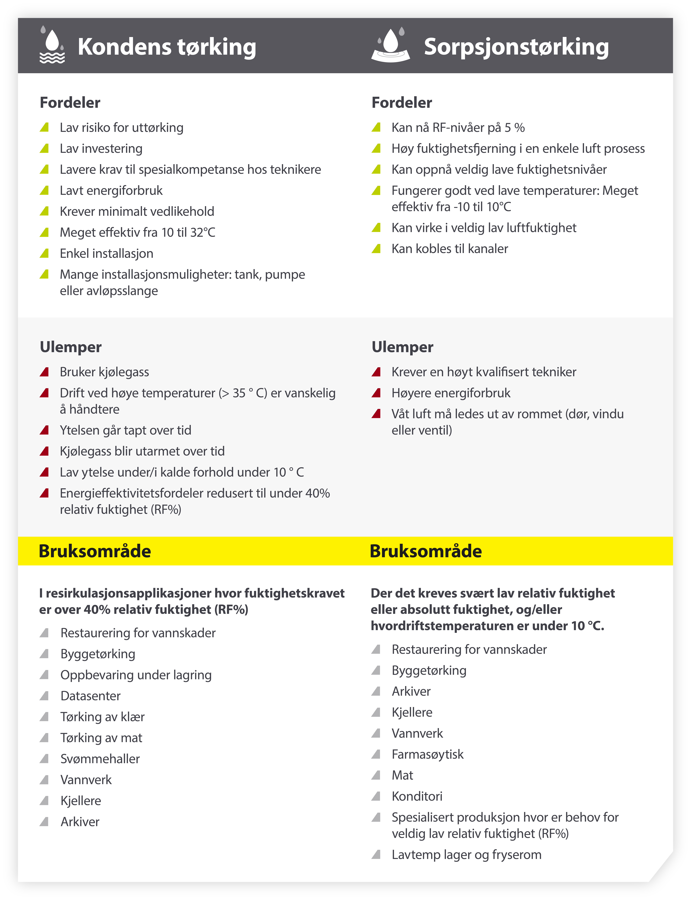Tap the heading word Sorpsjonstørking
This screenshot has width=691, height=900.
(516, 46)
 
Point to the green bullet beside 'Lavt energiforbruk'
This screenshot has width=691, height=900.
(44, 190)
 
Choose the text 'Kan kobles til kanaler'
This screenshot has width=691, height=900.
(450, 249)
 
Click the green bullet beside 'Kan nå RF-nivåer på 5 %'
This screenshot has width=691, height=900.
(376, 128)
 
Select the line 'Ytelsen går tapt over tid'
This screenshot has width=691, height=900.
(125, 430)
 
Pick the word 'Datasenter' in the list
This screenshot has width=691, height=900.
(90, 696)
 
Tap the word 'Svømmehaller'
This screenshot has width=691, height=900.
(100, 759)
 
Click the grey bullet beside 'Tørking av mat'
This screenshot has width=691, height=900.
(44, 738)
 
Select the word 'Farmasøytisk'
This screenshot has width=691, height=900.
(427, 754)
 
